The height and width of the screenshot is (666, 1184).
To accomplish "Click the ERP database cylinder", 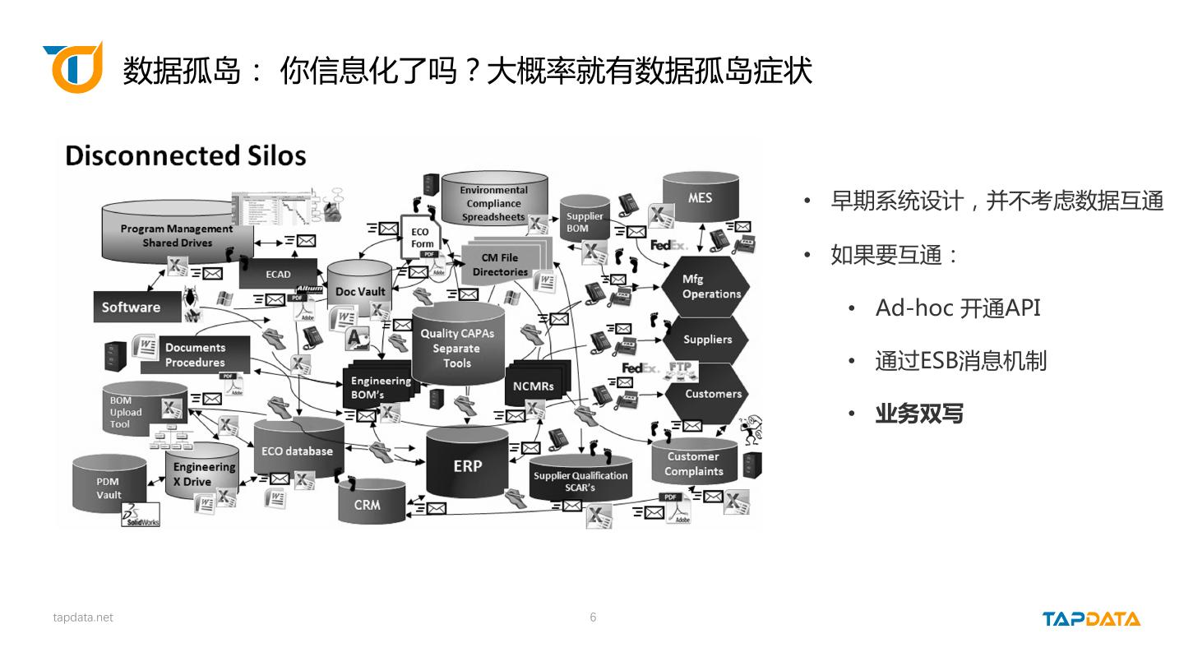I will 467,465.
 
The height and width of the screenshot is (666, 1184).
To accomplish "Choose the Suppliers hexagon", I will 707,340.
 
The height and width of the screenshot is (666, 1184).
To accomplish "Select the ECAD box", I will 278,274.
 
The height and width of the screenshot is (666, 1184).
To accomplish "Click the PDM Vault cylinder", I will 109,488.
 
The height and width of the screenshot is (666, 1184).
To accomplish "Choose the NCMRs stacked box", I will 534,385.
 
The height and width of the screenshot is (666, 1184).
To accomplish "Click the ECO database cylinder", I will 297,451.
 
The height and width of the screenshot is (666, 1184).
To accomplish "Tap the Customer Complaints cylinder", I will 694,464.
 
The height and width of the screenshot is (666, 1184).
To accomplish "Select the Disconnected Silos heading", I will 186,156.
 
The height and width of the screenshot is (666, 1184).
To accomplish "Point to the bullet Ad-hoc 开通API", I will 958,308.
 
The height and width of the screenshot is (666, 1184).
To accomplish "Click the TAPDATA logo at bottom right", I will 1091,619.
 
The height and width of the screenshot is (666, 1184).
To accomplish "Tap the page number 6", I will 593,617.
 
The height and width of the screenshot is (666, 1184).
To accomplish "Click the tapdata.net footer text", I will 83,617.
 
